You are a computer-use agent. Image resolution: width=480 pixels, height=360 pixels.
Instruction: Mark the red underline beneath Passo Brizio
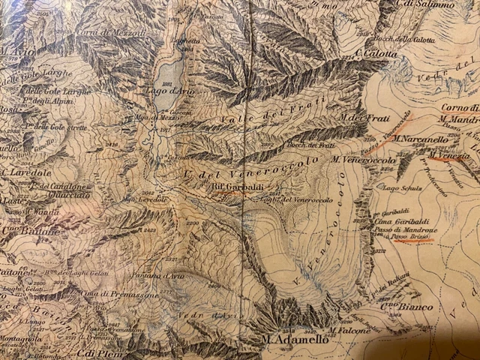[410, 241]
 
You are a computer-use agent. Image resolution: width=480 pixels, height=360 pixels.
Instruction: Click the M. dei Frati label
[355, 118]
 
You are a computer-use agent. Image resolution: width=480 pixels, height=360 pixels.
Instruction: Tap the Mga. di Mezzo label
[154, 117]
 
